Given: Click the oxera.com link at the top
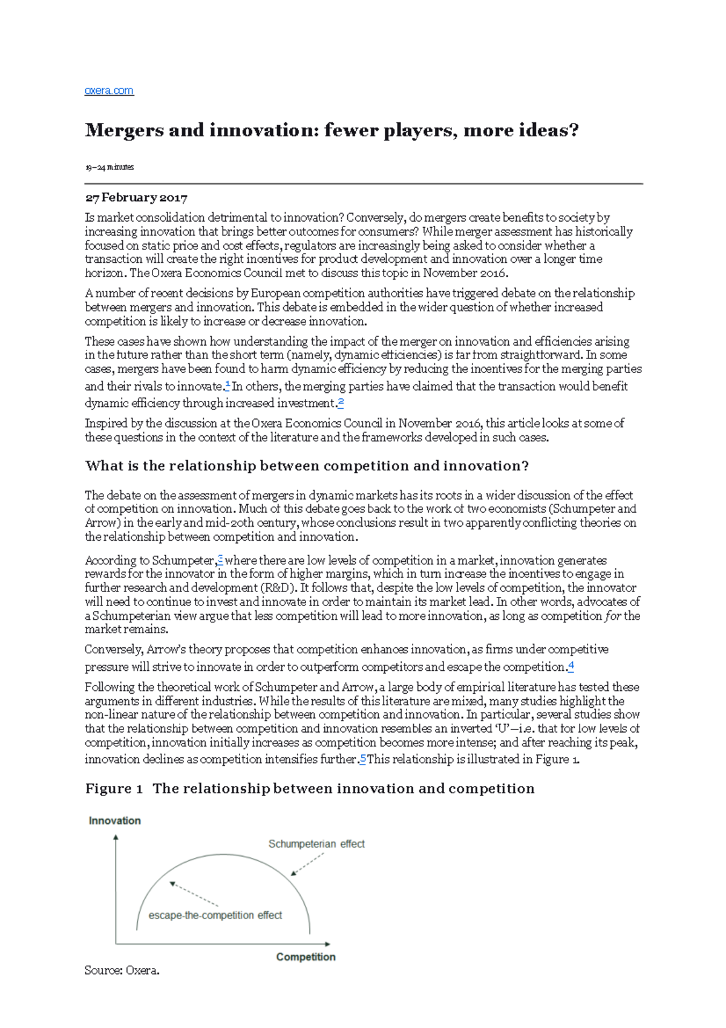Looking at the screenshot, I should pos(109,91).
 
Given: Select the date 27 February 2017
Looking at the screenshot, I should pos(136,198).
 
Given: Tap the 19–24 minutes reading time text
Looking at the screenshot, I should pos(109,167).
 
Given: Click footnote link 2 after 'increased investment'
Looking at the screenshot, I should pos(341,401).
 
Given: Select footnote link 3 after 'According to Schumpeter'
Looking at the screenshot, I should pos(220,559).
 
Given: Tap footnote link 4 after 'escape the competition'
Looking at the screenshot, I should pos(571,666).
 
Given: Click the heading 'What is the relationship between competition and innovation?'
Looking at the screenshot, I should pos(307,466).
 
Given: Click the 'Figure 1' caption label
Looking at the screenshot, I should pos(114,788).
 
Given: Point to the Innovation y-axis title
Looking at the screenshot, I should pos(114,820).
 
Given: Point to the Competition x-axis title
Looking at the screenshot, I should pos(306,957).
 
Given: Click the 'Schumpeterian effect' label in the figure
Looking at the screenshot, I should pos(316,843).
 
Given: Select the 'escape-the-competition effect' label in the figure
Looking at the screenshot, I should pos(215,915).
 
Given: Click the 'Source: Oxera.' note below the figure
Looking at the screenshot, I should pos(122,970).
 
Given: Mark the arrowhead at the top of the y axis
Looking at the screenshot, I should pos(116,837).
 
